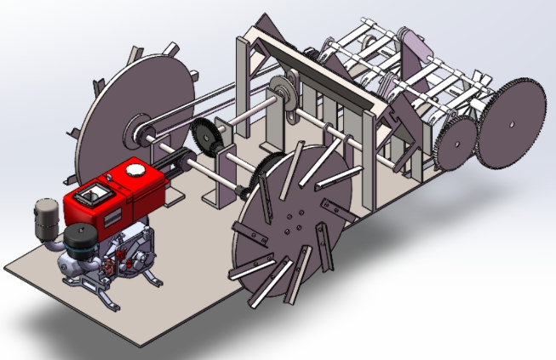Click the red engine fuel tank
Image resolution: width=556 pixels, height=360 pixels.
(119, 191)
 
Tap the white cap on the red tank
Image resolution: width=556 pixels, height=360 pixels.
(135, 170)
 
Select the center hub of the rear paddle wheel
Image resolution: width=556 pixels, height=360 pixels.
(135, 132)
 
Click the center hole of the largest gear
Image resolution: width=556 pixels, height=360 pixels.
(512, 121)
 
